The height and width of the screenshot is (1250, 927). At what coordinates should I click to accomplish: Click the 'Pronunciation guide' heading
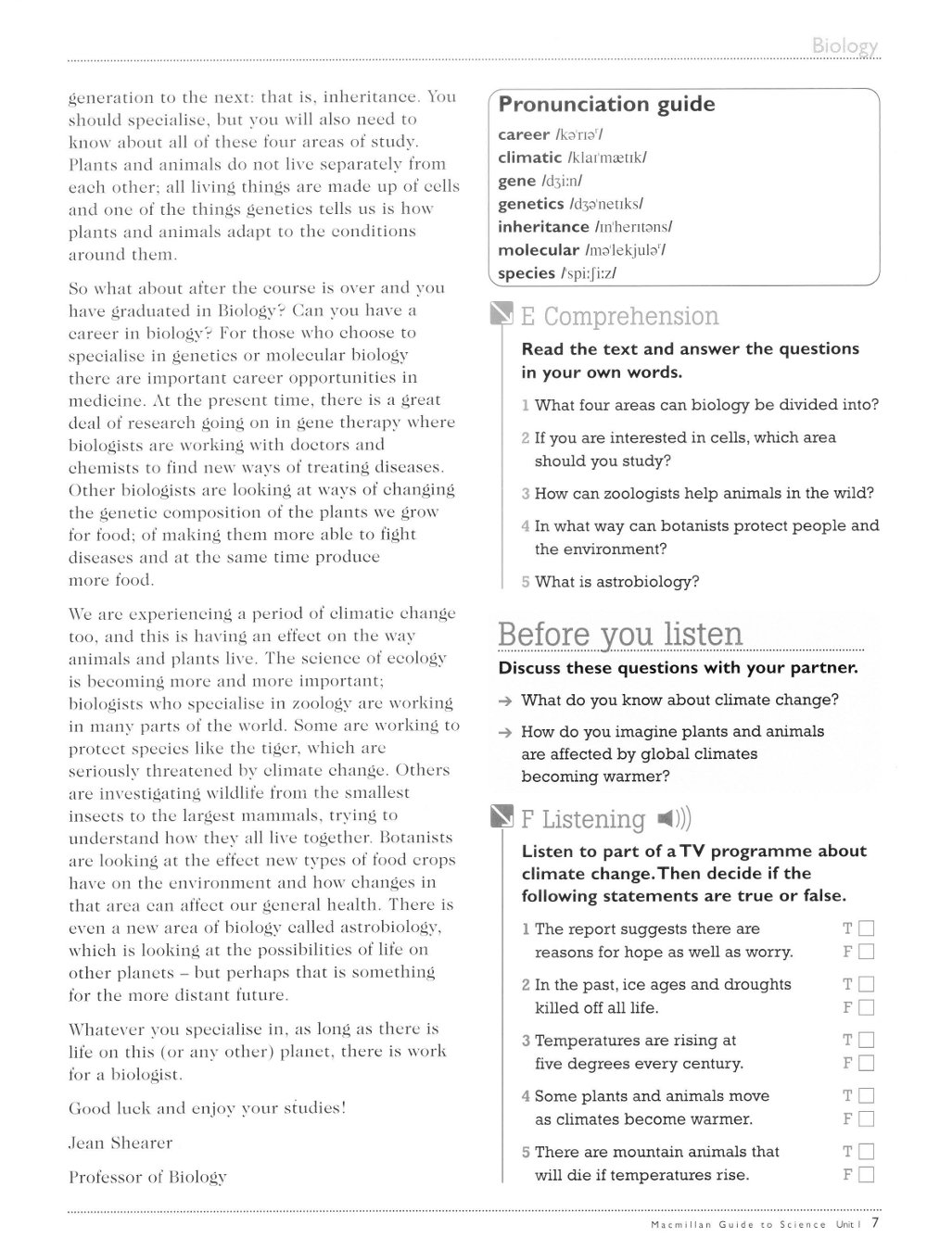[606, 105]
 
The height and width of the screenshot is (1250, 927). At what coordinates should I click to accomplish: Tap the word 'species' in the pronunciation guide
[527, 273]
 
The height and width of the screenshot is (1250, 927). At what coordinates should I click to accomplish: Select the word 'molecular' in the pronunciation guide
[538, 250]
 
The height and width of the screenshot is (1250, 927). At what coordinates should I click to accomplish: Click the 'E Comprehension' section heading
[620, 317]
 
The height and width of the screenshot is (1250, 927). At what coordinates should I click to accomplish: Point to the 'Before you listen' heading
[620, 635]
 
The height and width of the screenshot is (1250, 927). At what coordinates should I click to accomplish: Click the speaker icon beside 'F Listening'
[673, 819]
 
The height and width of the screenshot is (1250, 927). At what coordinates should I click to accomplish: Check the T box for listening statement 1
[867, 928]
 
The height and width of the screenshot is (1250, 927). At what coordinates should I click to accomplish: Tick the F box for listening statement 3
[867, 1064]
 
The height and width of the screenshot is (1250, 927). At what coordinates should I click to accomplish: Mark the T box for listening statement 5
[867, 1152]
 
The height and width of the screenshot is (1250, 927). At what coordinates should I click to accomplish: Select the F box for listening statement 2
[867, 1007]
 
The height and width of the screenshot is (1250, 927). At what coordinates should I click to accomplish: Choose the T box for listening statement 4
[867, 1096]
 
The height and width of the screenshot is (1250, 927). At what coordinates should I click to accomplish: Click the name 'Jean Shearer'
[121, 1143]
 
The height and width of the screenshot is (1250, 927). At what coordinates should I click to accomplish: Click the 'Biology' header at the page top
[844, 46]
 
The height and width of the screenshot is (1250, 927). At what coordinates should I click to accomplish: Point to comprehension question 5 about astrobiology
[616, 582]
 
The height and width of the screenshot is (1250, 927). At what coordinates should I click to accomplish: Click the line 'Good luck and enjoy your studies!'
[207, 1108]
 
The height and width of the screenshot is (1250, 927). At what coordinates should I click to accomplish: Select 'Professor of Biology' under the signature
[147, 1177]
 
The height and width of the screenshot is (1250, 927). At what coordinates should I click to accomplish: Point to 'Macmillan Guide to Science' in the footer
[726, 1225]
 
